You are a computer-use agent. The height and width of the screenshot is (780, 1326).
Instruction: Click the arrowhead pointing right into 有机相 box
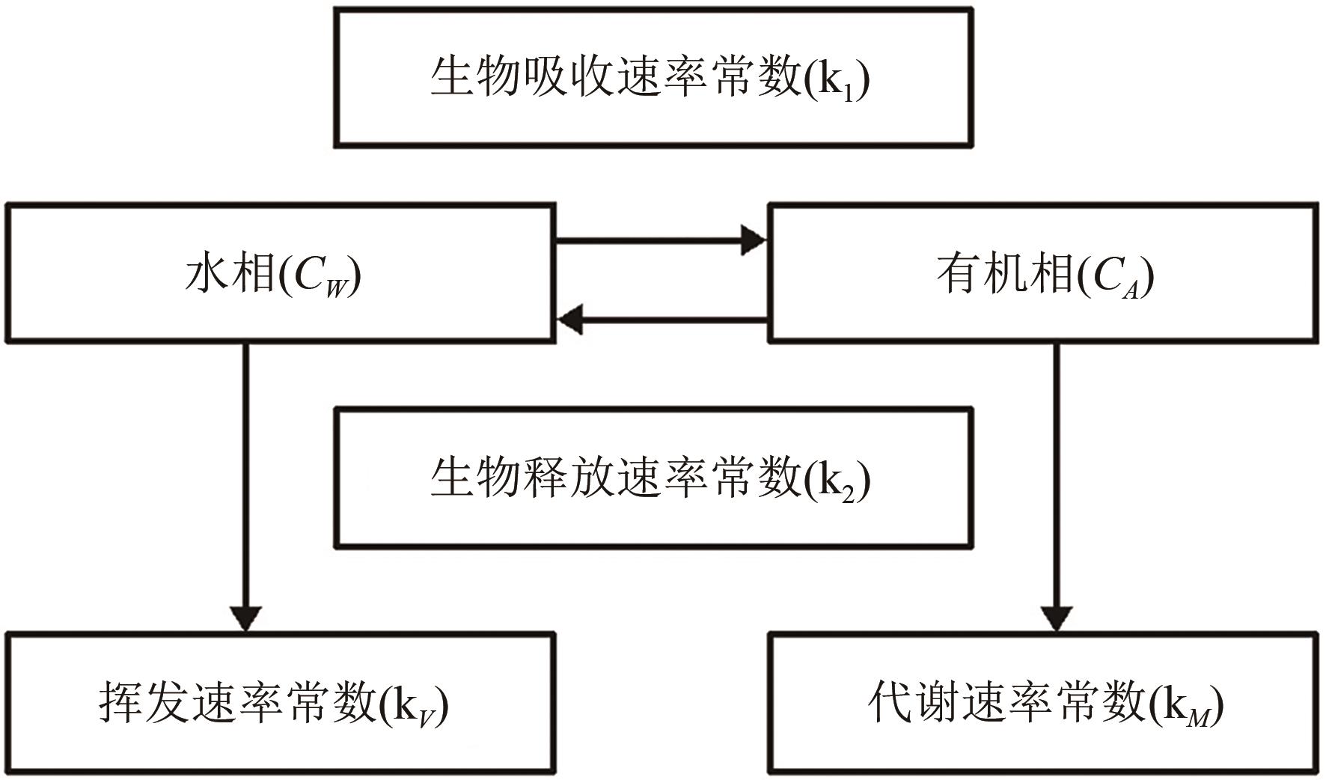tap(753, 241)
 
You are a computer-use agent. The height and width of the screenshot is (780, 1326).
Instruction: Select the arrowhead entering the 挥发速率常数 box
tap(246, 617)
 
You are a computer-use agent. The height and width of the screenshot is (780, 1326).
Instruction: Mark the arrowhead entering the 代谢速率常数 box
tap(1056, 618)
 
